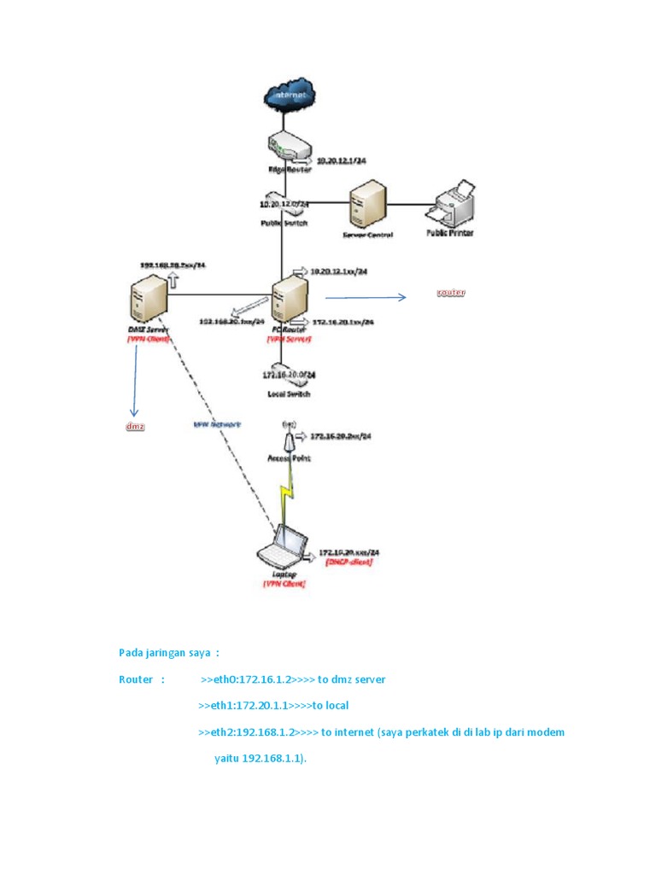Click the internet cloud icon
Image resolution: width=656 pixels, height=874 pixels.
[290, 96]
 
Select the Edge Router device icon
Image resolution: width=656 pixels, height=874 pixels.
[288, 147]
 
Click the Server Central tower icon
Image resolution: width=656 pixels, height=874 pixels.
[368, 205]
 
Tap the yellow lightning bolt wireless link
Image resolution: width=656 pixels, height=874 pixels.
[287, 498]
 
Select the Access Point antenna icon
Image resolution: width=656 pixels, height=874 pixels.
[289, 439]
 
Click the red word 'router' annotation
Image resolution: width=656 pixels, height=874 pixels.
[450, 293]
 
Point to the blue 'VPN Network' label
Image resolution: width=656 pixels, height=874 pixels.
[217, 423]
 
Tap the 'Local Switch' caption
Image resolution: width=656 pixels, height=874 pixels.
[288, 394]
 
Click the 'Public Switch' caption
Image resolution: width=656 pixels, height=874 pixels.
[283, 223]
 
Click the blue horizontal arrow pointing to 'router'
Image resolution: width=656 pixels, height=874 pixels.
[366, 298]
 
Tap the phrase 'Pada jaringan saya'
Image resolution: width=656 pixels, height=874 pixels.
[164, 653]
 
